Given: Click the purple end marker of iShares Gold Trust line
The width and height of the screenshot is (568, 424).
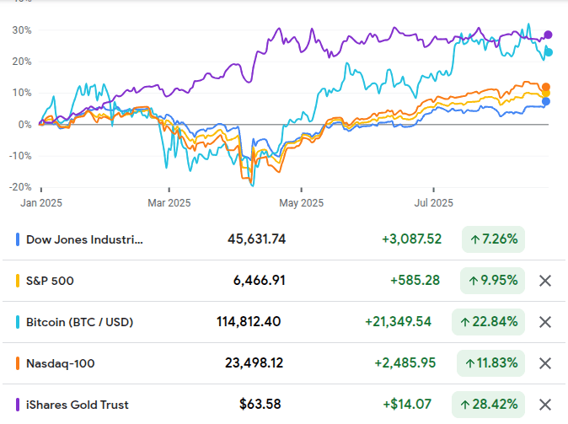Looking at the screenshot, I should click(548, 35).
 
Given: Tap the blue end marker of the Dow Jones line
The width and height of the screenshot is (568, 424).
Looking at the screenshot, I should click(546, 101).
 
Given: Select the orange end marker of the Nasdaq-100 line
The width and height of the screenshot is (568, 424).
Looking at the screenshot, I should click(546, 87).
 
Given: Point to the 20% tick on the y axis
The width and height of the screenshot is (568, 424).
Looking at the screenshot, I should click(21, 61).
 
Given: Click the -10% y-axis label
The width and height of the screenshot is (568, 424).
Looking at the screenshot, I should click(19, 155).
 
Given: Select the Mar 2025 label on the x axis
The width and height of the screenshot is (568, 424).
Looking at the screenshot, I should click(169, 202).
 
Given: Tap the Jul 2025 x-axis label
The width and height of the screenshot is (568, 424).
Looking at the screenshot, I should click(434, 202).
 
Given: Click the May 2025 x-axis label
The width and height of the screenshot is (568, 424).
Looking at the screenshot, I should click(301, 202).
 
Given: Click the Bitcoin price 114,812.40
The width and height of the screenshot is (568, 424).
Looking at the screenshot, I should click(249, 322).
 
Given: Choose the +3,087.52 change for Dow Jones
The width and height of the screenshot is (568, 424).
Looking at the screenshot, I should click(411, 239).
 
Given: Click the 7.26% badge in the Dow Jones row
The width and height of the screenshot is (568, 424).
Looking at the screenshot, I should click(493, 239).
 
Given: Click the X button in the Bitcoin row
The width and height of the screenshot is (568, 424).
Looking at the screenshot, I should click(545, 322).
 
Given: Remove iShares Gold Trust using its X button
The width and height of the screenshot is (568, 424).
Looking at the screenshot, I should click(545, 405).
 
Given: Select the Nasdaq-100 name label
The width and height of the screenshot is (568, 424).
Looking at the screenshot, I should click(61, 363).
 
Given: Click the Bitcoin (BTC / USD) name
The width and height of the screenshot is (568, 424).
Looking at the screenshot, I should click(79, 322).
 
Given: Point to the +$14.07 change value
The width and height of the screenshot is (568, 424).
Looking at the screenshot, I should click(411, 405).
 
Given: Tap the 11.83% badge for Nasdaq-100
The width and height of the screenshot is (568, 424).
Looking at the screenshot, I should click(490, 363).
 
